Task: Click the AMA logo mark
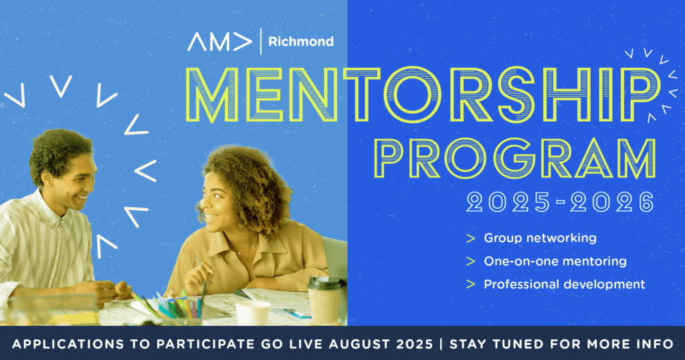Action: (x=219, y=42)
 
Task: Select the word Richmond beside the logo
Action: (x=301, y=42)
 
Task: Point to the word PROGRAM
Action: (x=516, y=158)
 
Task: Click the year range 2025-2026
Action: (x=561, y=202)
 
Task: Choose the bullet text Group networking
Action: (x=540, y=238)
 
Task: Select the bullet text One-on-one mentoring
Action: (x=555, y=261)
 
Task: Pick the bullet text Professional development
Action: (x=565, y=284)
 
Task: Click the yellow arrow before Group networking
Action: (x=470, y=238)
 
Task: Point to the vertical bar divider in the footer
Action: (x=441, y=344)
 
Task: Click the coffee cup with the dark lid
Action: (x=324, y=300)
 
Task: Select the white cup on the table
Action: (x=253, y=312)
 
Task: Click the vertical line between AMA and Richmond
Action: (x=261, y=41)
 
